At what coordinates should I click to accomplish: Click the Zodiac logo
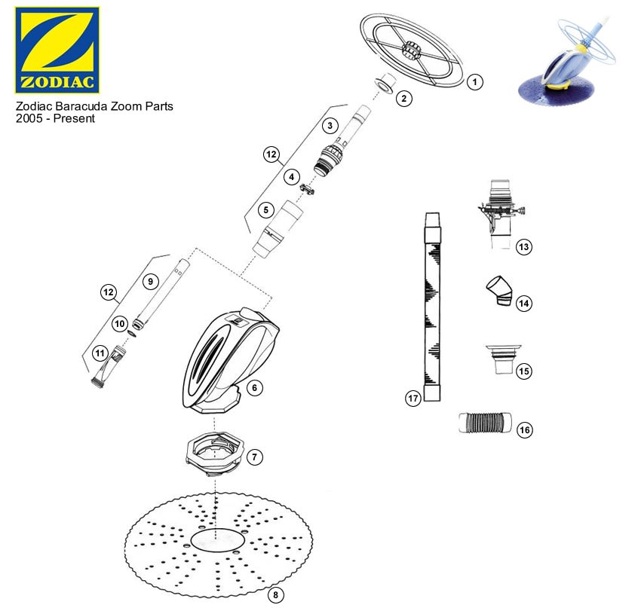point(57,50)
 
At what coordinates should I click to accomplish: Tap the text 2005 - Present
point(55,119)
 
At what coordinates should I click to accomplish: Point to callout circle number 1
point(474,82)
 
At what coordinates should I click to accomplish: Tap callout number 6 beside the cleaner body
point(254,387)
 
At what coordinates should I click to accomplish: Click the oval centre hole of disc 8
point(216,540)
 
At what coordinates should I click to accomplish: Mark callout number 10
point(120,323)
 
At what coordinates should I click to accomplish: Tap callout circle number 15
point(524,371)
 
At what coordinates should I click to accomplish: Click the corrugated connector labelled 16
point(485,422)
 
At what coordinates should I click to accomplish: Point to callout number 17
point(413,399)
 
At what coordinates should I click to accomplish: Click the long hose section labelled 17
point(431,309)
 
